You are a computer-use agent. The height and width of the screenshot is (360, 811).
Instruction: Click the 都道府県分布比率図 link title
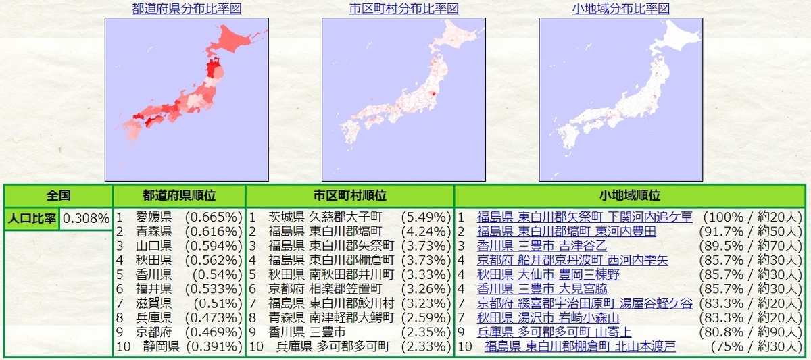(187, 9)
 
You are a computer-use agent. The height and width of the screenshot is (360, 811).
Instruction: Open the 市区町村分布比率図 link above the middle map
(403, 9)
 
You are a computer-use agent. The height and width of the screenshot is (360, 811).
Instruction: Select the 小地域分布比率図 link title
(620, 9)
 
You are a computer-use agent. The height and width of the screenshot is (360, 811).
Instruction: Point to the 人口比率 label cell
(32, 218)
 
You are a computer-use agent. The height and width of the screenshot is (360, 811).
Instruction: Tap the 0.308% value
(86, 218)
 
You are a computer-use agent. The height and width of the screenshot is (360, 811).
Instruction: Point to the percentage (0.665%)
(213, 217)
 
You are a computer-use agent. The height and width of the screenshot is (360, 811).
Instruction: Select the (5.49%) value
(425, 217)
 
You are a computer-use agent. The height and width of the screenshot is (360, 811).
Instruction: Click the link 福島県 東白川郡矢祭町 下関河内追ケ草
(585, 217)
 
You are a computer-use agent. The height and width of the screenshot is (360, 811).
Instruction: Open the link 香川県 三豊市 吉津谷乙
(543, 246)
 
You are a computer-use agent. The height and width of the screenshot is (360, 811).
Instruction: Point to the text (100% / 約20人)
(752, 217)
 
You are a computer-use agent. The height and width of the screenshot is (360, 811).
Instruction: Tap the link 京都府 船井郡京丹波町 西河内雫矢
(572, 260)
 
